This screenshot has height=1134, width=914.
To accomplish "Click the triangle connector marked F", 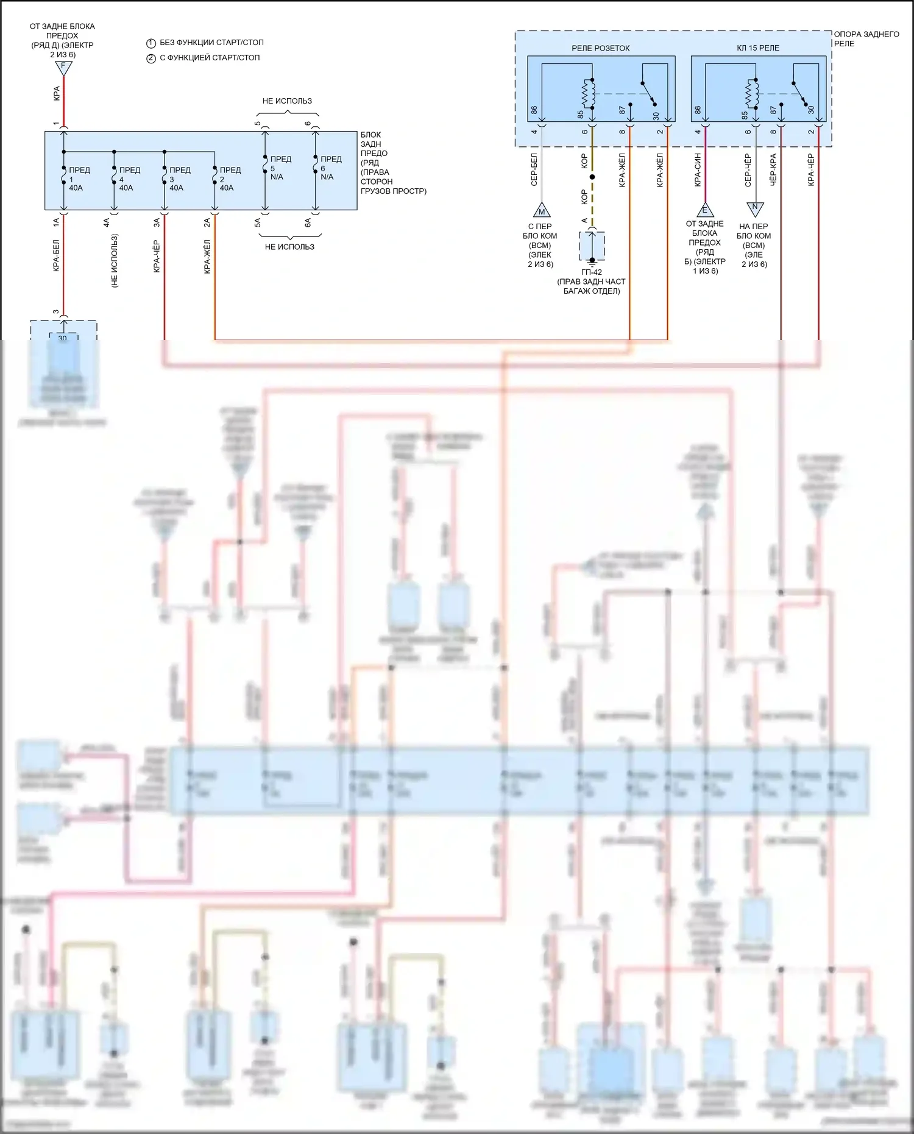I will pos(63,67).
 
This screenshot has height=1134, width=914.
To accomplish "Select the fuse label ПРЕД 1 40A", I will pos(79,179).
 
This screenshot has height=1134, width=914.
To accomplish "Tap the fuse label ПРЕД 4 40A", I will pos(129,179).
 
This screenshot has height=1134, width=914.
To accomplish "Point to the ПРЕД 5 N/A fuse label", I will pos(280,168).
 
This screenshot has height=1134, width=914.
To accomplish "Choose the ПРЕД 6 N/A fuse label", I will pos(330,168).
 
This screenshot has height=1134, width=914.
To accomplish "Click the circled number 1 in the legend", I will pos(151,43).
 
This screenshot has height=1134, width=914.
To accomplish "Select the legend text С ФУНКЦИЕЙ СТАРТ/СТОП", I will pos(210,58).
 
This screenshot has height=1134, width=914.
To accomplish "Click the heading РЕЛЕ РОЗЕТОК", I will pos(600,48).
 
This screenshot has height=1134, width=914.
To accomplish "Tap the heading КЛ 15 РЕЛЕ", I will pos(757,48).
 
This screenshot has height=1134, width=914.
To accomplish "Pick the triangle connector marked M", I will pos(541,211).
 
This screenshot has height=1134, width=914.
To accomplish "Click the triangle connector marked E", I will pos(705,210).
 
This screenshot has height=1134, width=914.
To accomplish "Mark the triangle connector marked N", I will pos(755,208).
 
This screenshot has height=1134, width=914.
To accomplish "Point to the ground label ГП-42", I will pos(591,272).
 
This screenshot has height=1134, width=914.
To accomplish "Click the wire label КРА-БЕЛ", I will pos(56,255).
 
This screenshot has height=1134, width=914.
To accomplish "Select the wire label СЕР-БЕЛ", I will pos(534,169).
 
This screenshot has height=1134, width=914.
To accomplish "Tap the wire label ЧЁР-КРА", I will pos(773,169).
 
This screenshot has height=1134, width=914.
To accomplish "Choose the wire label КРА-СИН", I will pos(698,169).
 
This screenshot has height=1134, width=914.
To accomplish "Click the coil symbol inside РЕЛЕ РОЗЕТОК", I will pos(589,93).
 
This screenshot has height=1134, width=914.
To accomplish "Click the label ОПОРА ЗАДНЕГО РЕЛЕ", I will pos(866,38).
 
